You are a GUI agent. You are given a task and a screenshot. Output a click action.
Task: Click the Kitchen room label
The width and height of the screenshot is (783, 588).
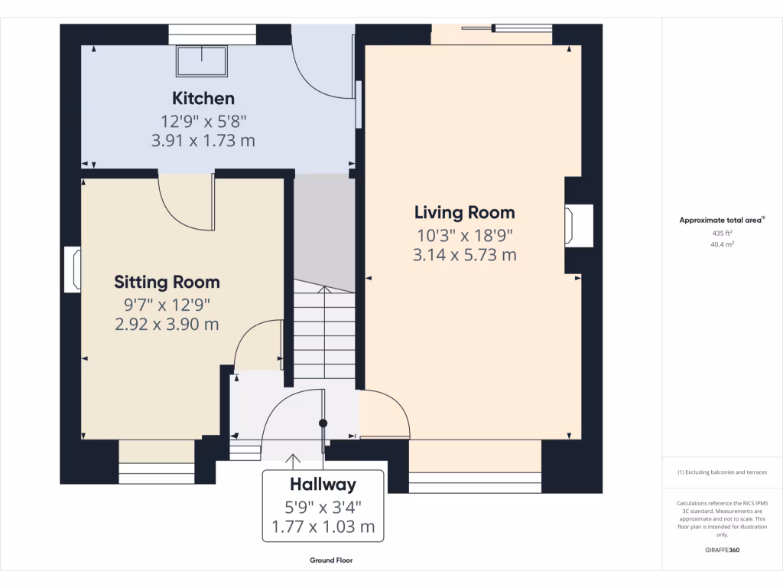pos(203,98)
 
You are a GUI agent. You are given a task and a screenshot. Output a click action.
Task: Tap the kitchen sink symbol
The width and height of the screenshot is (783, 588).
pos(203,61)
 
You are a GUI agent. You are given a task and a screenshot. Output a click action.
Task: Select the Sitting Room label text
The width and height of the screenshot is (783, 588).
pos(167,282)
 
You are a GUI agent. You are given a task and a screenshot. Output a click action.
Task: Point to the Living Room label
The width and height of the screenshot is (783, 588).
pos(464,212)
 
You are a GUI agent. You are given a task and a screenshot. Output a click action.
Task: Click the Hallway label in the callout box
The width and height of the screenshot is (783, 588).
pos(323,485)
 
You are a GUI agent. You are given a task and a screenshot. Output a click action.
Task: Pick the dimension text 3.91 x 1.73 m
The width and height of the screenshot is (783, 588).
pos(203,141)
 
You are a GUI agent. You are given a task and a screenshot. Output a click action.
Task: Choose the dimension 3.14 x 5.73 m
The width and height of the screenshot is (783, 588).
pos(464,255)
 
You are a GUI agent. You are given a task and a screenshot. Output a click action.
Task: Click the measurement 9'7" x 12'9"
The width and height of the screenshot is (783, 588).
pos(167,304)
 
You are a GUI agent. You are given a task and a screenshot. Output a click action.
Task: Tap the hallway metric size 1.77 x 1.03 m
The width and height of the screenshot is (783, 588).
pos(323,527)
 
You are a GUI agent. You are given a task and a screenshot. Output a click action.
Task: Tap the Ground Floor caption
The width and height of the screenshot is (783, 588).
pos(331,560)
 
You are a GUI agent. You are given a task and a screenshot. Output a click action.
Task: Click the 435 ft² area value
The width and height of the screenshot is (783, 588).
pos(722,233)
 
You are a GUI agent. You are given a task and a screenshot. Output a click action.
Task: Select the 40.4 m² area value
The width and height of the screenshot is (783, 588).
pos(722,245)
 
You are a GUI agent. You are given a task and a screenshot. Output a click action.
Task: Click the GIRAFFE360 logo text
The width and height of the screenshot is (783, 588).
pos(722,550)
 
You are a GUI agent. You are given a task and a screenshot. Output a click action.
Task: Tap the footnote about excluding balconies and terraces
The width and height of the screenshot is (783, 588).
pos(722,472)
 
